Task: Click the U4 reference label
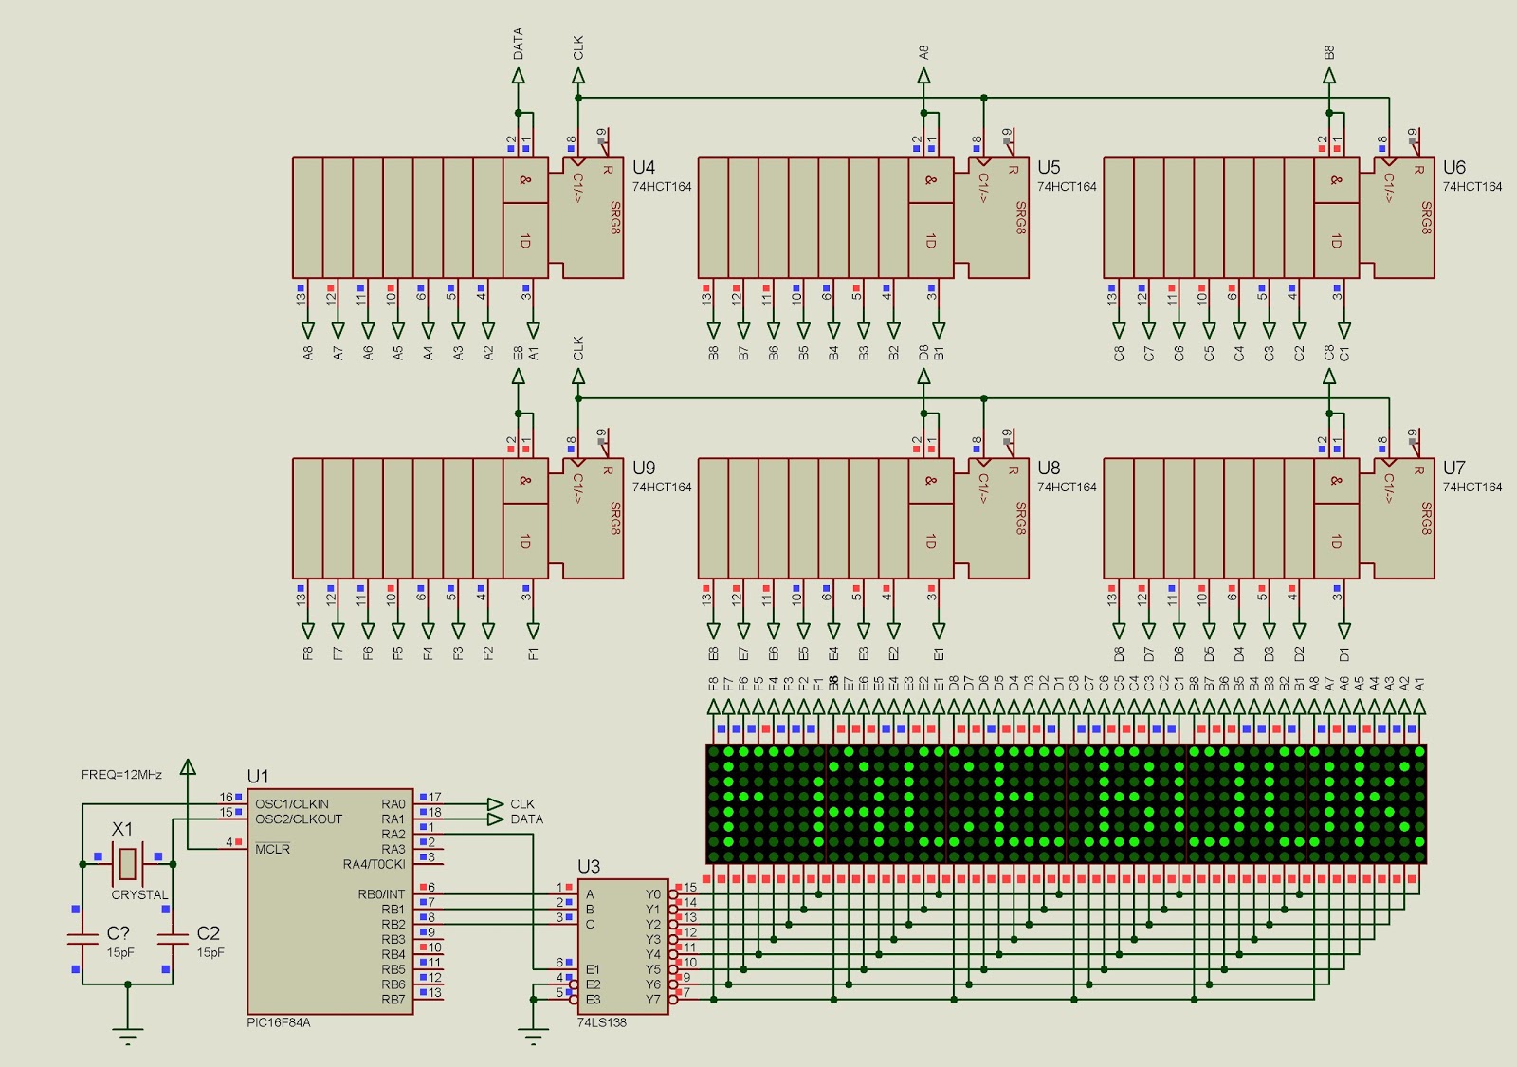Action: (644, 168)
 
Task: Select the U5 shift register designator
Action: (1049, 168)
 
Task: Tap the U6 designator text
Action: (1453, 168)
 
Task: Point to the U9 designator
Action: (644, 469)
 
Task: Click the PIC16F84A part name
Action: (279, 1022)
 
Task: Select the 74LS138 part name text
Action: (602, 1022)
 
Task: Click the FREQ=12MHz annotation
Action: (121, 775)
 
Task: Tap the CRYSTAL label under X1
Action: (139, 894)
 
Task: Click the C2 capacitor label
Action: (209, 933)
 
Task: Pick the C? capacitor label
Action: (119, 933)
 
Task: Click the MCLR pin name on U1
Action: (273, 849)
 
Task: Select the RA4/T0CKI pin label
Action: (374, 864)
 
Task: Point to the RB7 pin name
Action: (393, 1000)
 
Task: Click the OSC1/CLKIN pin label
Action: (292, 804)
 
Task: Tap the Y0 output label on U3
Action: (653, 894)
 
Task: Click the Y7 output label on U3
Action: (653, 1000)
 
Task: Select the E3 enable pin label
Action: (593, 1000)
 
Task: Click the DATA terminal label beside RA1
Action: (527, 819)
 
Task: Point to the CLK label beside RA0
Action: (522, 804)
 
